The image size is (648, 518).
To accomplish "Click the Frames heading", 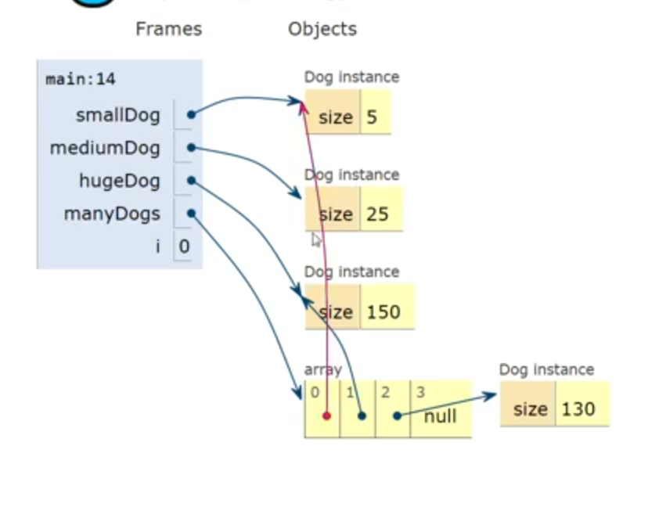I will [168, 29].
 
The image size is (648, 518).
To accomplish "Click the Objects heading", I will [322, 29].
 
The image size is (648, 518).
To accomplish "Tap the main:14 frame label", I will [81, 79].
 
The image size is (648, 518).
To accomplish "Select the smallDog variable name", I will [117, 115].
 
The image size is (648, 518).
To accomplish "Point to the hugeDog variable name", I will [119, 181].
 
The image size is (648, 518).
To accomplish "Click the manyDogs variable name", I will [112, 214].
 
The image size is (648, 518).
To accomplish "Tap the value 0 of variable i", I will [184, 246].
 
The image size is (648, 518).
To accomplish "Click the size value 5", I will [372, 117].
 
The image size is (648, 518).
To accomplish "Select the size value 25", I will [377, 214].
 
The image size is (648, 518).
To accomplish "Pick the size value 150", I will [383, 312].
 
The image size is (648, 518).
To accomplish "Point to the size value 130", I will [578, 409].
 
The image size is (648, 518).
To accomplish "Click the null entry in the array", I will [440, 416].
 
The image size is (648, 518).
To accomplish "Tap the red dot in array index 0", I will [326, 415].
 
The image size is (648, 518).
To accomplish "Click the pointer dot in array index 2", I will [397, 415].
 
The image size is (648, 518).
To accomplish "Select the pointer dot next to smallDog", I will [191, 115].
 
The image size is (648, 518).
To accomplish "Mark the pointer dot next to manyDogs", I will [191, 214].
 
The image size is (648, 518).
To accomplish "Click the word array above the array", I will [322, 369].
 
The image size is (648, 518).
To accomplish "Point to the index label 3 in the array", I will [420, 392].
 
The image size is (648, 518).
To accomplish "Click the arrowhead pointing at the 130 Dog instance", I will [491, 395].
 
